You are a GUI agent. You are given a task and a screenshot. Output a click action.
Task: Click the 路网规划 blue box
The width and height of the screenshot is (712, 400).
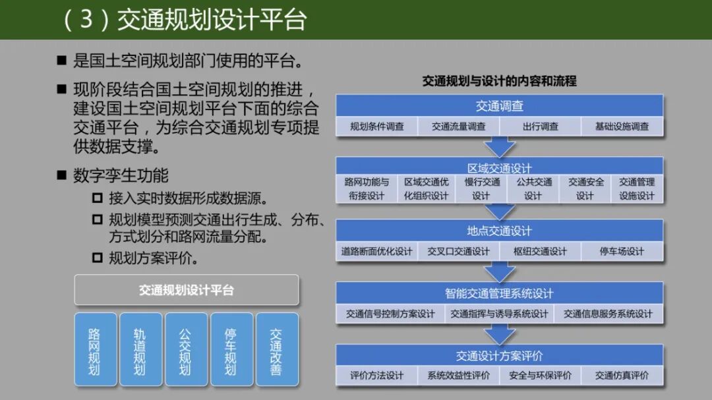click(x=95, y=349)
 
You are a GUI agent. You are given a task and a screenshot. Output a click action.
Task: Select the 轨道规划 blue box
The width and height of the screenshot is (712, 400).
click(x=140, y=349)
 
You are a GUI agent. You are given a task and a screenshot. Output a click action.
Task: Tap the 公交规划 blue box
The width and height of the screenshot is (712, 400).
click(x=185, y=349)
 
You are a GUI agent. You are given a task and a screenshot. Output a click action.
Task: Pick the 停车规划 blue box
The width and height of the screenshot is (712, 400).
click(x=231, y=349)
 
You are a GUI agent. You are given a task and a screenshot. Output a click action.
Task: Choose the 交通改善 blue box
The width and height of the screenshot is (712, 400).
click(x=276, y=349)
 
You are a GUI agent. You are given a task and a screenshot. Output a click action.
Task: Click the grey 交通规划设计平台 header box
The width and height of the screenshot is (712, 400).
click(x=187, y=290)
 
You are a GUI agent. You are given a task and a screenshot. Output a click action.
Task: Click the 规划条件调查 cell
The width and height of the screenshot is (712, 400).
click(x=376, y=127)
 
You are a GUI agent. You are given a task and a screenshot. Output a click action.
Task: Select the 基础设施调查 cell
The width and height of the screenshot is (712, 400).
click(x=622, y=127)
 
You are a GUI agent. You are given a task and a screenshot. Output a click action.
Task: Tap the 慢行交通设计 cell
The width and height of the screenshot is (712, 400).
click(x=481, y=188)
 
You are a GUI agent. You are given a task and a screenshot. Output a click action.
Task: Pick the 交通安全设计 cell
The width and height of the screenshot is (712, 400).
click(x=585, y=188)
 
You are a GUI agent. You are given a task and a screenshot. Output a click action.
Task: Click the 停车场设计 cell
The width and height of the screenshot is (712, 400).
click(x=622, y=251)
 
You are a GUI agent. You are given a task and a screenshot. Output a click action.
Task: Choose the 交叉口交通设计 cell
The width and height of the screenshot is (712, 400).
click(x=458, y=251)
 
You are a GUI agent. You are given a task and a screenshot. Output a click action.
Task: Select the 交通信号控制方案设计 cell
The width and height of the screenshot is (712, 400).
click(x=390, y=314)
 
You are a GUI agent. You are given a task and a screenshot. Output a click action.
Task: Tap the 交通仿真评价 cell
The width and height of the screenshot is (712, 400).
click(x=622, y=376)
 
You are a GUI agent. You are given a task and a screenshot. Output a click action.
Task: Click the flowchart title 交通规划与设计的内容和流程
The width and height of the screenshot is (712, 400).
click(x=499, y=81)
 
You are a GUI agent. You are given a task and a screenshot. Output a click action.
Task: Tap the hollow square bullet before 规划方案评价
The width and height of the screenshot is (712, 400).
click(x=98, y=258)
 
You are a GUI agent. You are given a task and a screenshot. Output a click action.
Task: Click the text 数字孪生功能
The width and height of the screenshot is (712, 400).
click(x=121, y=175)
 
